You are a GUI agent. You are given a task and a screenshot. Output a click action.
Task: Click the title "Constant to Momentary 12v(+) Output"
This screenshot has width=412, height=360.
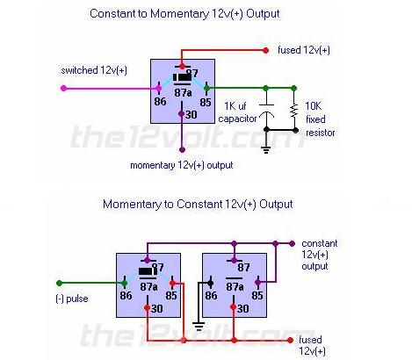point(184,14)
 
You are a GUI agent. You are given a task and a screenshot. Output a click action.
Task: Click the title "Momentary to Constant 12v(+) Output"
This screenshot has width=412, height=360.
point(198,204)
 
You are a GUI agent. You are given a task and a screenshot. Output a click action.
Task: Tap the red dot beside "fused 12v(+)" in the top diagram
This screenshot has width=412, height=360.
point(265,50)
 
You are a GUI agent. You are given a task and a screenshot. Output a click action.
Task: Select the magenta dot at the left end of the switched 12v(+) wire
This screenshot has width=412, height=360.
point(63,88)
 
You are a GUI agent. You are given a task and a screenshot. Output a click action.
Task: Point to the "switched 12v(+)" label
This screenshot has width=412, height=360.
point(94,70)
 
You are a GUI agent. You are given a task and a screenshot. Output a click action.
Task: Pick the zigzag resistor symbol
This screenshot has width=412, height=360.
point(294,111)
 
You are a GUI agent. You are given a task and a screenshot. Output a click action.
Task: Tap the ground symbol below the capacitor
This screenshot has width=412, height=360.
point(266,150)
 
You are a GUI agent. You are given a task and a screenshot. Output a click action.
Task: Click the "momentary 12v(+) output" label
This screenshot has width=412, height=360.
point(182,165)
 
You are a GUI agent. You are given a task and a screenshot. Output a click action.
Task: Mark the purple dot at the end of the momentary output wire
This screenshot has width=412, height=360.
point(182,150)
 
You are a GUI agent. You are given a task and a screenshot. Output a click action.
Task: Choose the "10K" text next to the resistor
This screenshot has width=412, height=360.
point(314,106)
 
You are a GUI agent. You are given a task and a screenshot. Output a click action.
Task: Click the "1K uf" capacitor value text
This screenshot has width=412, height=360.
point(235,106)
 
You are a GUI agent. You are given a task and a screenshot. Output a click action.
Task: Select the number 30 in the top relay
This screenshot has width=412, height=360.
point(191,114)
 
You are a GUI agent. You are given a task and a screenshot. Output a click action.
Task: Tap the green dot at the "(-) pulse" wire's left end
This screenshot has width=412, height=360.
point(59,283)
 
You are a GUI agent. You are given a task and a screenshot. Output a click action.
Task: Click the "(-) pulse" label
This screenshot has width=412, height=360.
point(72,299)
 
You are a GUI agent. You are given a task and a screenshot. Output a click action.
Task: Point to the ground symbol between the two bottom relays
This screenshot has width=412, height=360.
point(199,326)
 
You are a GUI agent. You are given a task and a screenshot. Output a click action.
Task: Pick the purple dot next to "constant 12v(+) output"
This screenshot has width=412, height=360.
point(292,243)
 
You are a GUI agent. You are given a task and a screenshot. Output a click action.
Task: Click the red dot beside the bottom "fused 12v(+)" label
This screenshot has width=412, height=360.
point(290,340)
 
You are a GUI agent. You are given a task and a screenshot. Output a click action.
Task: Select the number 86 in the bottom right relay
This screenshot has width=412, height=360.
point(211,295)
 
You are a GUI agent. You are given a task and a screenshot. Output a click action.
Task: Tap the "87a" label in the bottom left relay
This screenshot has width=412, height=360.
point(148,287)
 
